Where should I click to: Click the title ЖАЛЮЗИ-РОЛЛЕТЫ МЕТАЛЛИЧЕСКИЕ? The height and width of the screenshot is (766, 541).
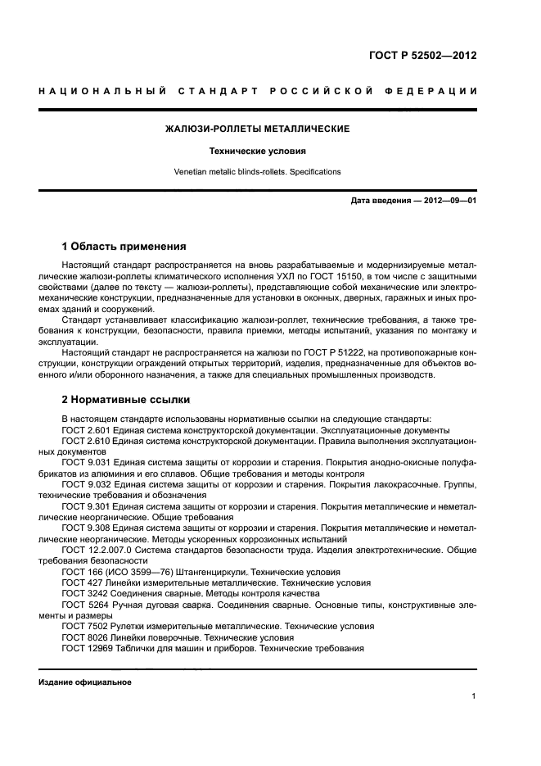[x=258, y=129]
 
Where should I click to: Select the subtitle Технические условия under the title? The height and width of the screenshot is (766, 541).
[x=258, y=151]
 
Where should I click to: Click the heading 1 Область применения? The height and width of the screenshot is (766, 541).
[x=124, y=246]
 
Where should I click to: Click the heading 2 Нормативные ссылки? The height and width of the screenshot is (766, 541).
[x=126, y=400]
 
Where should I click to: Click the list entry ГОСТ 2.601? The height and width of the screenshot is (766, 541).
[x=86, y=430]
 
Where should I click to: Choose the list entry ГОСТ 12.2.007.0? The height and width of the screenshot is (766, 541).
[x=96, y=549]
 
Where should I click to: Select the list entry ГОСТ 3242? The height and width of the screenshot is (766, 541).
[x=83, y=592]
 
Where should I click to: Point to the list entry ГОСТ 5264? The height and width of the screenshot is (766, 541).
[x=83, y=604]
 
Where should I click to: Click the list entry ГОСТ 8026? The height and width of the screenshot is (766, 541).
[x=83, y=637]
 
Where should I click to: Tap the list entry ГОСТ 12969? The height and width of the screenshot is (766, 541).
[x=85, y=647]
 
